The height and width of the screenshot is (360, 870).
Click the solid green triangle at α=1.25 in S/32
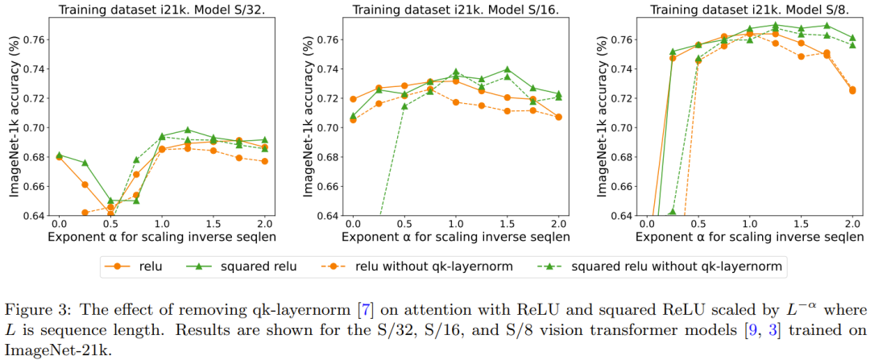(187, 130)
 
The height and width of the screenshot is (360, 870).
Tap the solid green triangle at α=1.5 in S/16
(507, 69)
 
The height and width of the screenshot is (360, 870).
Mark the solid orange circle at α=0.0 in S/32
(59, 158)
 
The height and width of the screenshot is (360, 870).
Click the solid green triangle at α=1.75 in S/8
(826, 26)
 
